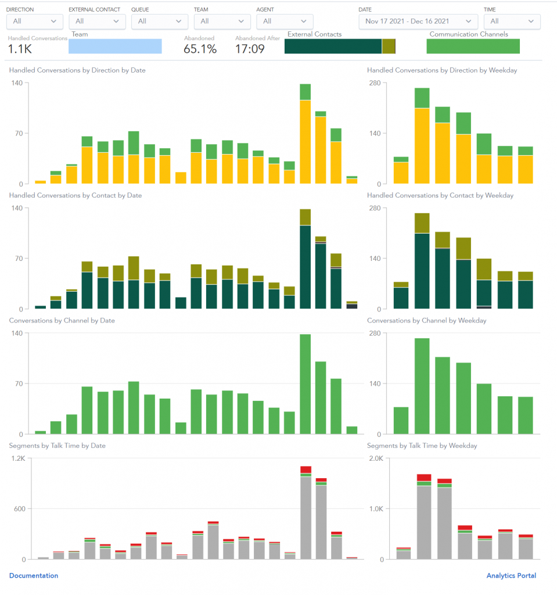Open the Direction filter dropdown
pos(34,21)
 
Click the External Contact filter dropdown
pos(97,21)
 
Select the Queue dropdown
pos(159,21)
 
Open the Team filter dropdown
pos(222,21)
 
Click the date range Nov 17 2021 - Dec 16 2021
pos(418,21)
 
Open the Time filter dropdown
pos(512,21)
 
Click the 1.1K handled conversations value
pos(20,49)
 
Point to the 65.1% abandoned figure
pos(200,49)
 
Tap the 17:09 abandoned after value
pos(250,49)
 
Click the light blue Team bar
pos(115,46)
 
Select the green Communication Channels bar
pos(473,46)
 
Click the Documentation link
pos(34,576)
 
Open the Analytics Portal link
pos(511,576)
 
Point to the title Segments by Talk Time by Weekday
pos(422,446)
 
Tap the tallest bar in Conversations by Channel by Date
pos(305,383)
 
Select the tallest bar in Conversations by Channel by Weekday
pos(422,386)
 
